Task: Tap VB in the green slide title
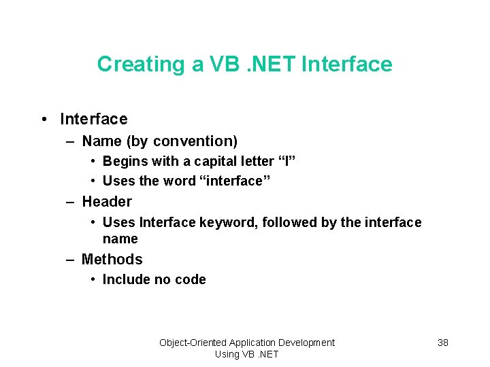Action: pyautogui.click(x=223, y=64)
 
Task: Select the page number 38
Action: pyautogui.click(x=442, y=343)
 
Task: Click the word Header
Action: pyautogui.click(x=107, y=202)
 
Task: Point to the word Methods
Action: pyautogui.click(x=112, y=260)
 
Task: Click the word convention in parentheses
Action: pyautogui.click(x=195, y=141)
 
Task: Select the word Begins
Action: pyautogui.click(x=122, y=162)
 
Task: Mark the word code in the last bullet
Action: pyautogui.click(x=190, y=279)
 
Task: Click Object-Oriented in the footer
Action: pyautogui.click(x=193, y=343)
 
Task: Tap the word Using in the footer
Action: pyautogui.click(x=227, y=354)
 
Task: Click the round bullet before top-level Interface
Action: pyautogui.click(x=44, y=120)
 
